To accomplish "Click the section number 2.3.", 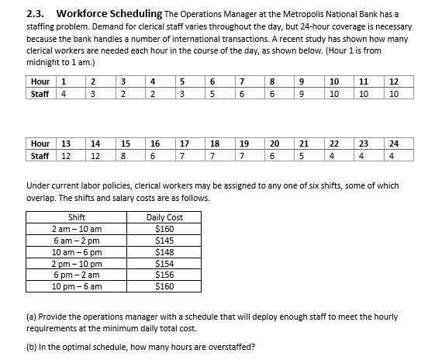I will click(36, 12).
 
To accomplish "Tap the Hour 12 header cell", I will click(394, 81).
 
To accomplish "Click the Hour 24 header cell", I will click(394, 143).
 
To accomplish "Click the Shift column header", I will click(77, 217).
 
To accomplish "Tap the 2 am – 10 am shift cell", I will click(77, 229).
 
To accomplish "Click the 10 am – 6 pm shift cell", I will click(77, 252).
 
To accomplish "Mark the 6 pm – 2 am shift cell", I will click(77, 275).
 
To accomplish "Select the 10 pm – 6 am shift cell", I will click(77, 286).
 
